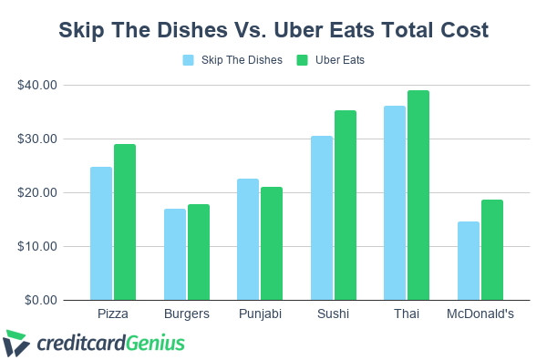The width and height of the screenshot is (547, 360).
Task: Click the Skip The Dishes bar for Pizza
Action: coord(101,233)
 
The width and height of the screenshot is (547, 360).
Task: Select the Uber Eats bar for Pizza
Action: coord(125,222)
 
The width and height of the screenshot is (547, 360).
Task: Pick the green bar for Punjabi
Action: coord(272,243)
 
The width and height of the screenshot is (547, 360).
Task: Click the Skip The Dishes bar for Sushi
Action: coord(321,218)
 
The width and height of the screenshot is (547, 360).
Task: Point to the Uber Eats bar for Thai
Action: coord(418,195)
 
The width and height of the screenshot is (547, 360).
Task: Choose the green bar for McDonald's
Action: coord(491,250)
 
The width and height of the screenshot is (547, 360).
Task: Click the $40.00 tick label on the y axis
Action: coord(37,86)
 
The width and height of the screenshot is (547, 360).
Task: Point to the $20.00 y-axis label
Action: coord(37,193)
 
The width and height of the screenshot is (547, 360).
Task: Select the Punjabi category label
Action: coord(260,314)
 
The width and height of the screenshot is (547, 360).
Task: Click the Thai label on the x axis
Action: coord(406,314)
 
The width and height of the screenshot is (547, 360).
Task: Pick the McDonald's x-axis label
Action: coord(480,314)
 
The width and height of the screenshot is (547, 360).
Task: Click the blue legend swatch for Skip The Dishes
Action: coord(190,60)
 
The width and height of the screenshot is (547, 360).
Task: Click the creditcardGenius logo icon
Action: coord(16,343)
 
